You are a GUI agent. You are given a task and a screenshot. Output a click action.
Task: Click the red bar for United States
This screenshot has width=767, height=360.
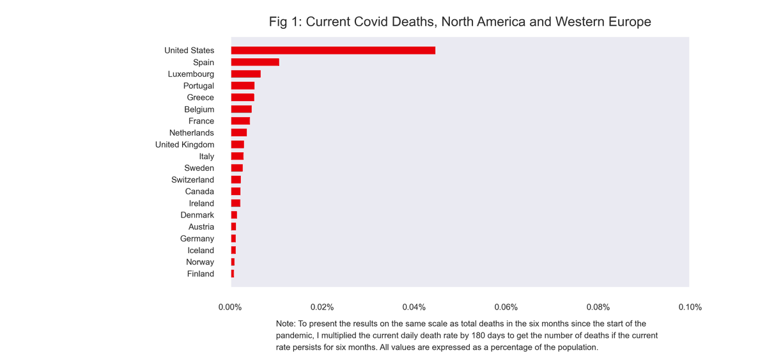pyautogui.click(x=333, y=51)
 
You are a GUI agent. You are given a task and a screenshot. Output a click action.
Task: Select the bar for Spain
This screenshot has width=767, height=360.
pyautogui.click(x=255, y=62)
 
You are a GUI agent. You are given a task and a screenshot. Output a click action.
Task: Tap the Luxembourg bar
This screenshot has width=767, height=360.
pyautogui.click(x=246, y=74)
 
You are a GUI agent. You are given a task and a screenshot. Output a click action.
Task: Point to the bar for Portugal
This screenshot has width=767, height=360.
pyautogui.click(x=243, y=86)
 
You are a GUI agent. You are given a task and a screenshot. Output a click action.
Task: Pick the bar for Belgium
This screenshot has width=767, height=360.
pyautogui.click(x=242, y=109)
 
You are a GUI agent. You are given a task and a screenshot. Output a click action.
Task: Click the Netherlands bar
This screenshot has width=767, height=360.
pyautogui.click(x=239, y=133)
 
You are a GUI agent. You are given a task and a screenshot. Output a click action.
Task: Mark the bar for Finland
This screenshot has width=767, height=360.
pyautogui.click(x=233, y=274)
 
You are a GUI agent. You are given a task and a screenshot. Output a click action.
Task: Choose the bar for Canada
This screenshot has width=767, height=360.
pyautogui.click(x=236, y=191)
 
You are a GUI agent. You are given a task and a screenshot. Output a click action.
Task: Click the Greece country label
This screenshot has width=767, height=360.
pyautogui.click(x=200, y=98)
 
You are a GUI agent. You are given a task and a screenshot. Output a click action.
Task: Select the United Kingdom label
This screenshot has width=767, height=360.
pyautogui.click(x=185, y=145)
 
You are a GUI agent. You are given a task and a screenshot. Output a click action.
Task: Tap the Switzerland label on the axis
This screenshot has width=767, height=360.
pyautogui.click(x=192, y=180)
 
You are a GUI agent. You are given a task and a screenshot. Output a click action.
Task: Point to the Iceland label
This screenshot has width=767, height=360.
pyautogui.click(x=201, y=251)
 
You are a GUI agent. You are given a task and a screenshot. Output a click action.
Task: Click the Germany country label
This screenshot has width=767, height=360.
pyautogui.click(x=197, y=239)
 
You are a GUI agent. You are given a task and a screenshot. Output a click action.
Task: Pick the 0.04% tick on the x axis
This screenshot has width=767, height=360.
pyautogui.click(x=414, y=307)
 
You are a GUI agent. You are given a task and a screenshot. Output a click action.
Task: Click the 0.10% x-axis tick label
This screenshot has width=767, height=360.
pyautogui.click(x=690, y=307)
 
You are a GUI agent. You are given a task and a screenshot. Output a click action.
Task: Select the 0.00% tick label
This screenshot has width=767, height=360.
pyautogui.click(x=230, y=307)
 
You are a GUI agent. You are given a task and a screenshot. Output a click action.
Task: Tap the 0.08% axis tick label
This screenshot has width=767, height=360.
pyautogui.click(x=598, y=307)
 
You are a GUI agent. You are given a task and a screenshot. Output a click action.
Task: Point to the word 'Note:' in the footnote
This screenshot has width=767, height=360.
pyautogui.click(x=286, y=324)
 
